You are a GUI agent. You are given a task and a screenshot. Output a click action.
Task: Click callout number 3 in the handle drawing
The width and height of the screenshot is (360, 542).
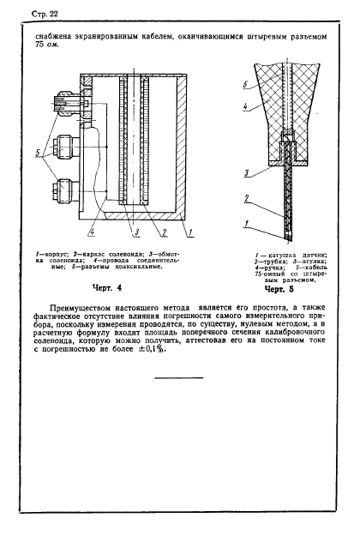pyautogui.click(x=247, y=172)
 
